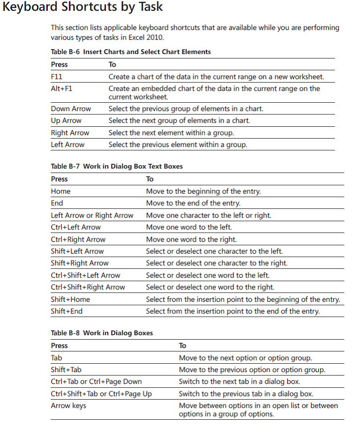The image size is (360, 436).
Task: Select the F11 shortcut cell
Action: click(x=57, y=77)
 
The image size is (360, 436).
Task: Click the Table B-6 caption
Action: click(x=131, y=52)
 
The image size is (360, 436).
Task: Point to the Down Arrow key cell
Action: click(x=71, y=109)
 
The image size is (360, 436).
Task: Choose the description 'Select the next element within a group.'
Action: click(x=171, y=133)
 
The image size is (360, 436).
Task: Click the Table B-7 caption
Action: click(x=117, y=166)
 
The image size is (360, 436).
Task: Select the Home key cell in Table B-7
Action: click(x=60, y=191)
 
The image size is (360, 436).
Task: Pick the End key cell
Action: click(x=57, y=203)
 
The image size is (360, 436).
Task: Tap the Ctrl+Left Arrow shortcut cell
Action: click(x=76, y=227)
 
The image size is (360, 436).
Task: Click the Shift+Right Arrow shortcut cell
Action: click(x=80, y=263)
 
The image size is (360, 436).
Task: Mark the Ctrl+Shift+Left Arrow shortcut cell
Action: click(x=86, y=275)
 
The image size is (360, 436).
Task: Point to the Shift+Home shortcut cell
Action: click(x=70, y=299)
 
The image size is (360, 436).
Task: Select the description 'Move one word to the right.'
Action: click(x=191, y=239)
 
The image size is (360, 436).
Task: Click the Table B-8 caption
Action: click(x=102, y=333)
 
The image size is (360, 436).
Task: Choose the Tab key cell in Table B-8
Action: click(x=57, y=358)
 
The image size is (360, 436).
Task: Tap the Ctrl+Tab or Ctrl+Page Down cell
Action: click(x=96, y=381)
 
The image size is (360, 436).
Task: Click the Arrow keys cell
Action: click(x=68, y=406)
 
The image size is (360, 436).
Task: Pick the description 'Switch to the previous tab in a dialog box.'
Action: click(x=246, y=394)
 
